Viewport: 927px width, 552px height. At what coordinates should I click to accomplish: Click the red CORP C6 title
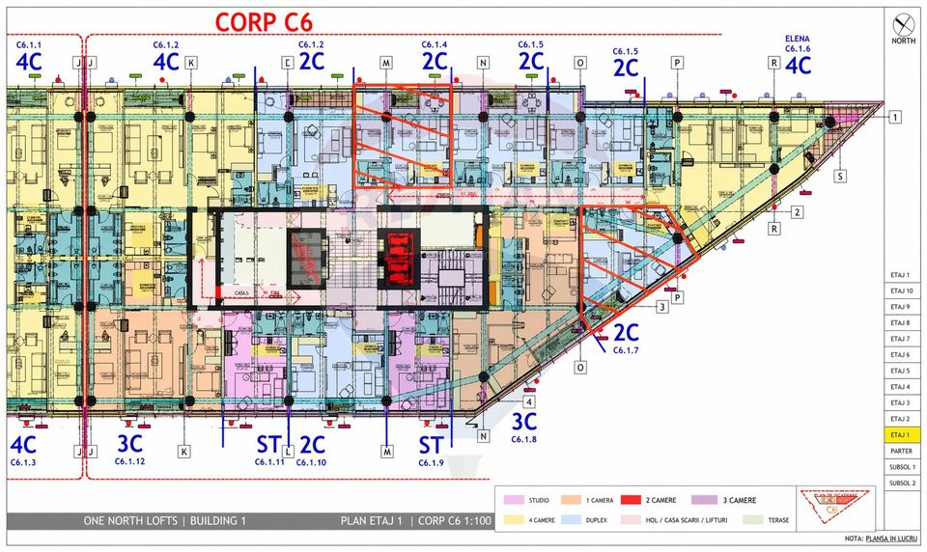[x=264, y=21]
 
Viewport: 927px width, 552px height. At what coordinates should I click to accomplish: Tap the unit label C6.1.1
[x=28, y=44]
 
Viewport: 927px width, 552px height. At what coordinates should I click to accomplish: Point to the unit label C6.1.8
[x=523, y=438]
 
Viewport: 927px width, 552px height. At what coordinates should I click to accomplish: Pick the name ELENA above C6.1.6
[x=798, y=39]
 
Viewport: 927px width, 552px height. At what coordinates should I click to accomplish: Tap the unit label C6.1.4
[x=435, y=44]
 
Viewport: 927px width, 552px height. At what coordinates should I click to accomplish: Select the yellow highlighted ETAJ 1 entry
[x=900, y=434]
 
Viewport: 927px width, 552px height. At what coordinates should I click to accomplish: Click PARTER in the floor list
[x=900, y=451]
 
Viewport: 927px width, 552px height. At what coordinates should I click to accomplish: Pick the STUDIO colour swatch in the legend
[x=513, y=500]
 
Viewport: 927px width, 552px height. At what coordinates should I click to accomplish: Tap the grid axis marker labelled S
[x=840, y=177]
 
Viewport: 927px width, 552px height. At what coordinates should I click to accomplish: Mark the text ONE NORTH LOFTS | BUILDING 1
[x=165, y=521]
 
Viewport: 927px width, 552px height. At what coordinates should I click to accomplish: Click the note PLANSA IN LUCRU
[x=884, y=538]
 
